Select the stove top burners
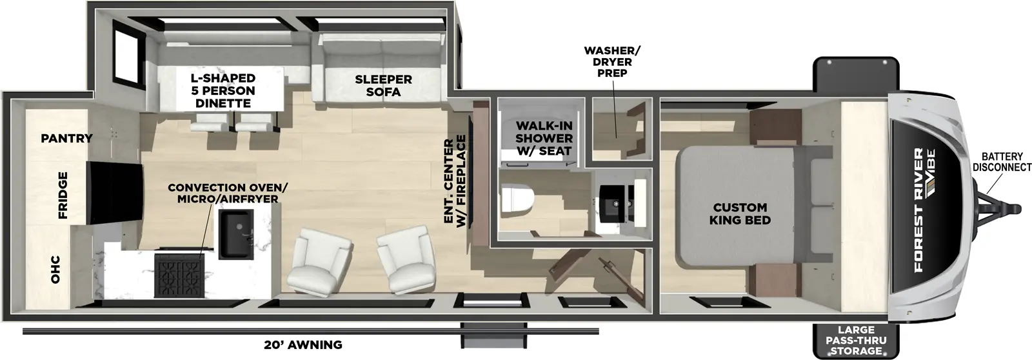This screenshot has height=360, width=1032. click(x=179, y=274)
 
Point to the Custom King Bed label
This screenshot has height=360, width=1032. click(x=740, y=214)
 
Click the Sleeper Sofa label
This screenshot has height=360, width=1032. click(x=383, y=85)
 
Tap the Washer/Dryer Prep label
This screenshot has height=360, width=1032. click(x=613, y=62)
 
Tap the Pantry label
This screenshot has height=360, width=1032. click(x=66, y=138)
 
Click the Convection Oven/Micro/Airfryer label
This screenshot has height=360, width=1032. click(x=228, y=193)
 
